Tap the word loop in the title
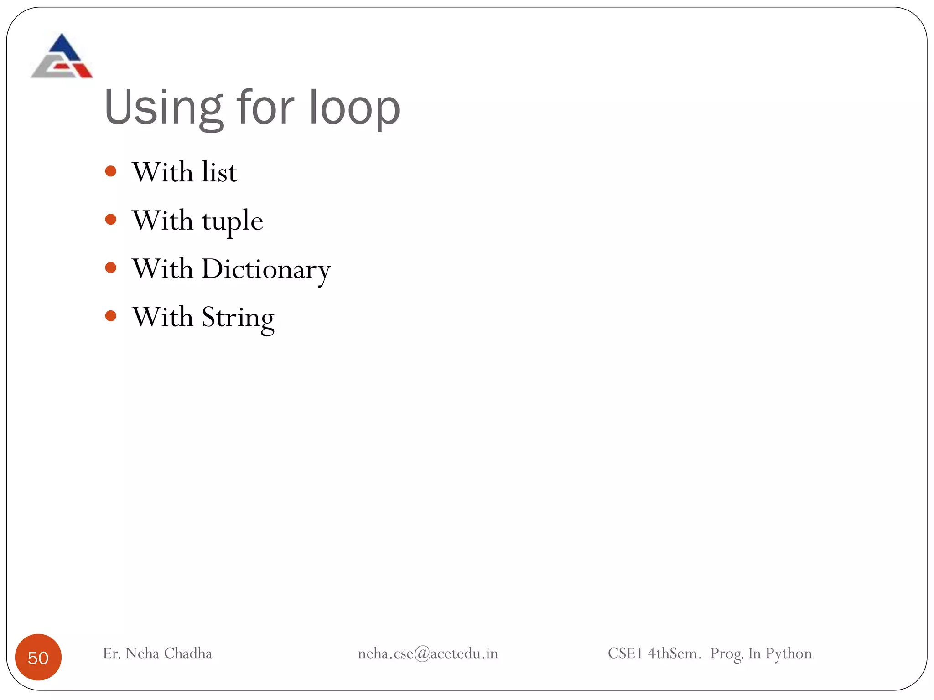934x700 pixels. (x=354, y=108)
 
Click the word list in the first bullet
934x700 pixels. (x=219, y=172)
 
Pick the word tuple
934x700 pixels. (x=233, y=221)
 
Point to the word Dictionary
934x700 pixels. (x=266, y=269)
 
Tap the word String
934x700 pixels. (x=238, y=318)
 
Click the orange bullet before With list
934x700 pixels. (x=111, y=171)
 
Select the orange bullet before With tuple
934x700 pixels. (x=111, y=220)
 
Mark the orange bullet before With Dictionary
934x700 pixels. (x=111, y=268)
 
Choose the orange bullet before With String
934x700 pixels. (x=111, y=315)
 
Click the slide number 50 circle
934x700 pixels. (x=38, y=657)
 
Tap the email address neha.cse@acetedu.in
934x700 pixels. (x=428, y=654)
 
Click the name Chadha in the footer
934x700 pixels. (x=188, y=654)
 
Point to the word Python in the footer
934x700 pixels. (x=789, y=654)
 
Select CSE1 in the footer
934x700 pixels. (x=625, y=654)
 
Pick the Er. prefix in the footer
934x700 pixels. (x=111, y=654)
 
